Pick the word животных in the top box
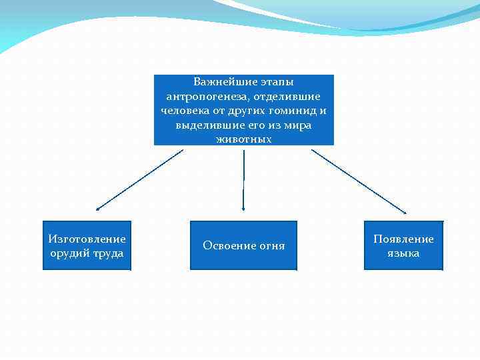coord(244,139)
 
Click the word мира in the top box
coord(297,125)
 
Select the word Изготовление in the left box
coord(87,239)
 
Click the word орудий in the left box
coord(69,253)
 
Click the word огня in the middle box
coord(271,246)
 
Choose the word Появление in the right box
coord(403,239)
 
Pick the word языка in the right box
coord(403,253)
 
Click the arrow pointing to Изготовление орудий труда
coord(139,180)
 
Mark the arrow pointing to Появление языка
coord(358,181)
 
